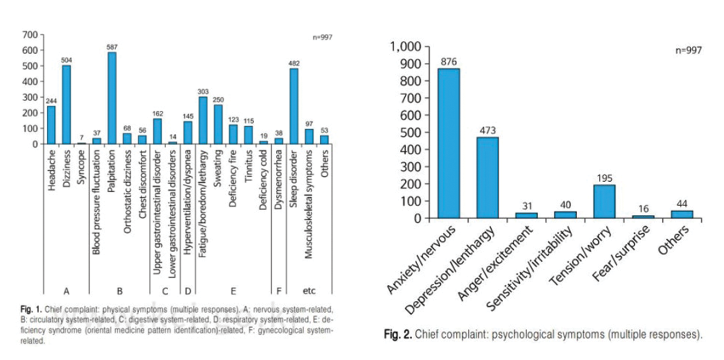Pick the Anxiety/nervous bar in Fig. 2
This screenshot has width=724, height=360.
click(448, 143)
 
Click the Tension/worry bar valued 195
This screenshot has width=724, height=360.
click(604, 201)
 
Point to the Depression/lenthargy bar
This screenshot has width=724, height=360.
click(487, 177)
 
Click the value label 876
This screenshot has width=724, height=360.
click(448, 61)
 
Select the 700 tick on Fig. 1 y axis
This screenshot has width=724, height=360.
click(30, 35)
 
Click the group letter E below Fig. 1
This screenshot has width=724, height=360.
click(233, 291)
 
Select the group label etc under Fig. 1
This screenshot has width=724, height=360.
click(309, 291)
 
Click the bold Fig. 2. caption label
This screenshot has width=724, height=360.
click(397, 335)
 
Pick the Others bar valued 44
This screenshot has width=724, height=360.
click(682, 214)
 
